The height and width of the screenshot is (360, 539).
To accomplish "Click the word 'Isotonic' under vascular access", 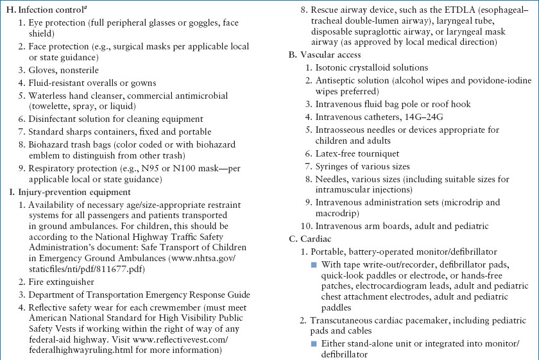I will tap(332, 68).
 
